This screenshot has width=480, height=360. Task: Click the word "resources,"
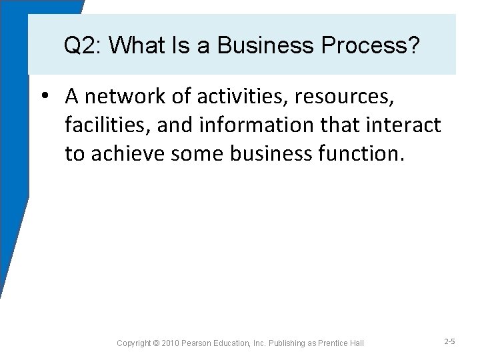click(x=345, y=97)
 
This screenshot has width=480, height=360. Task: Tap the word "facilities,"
click(x=104, y=125)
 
